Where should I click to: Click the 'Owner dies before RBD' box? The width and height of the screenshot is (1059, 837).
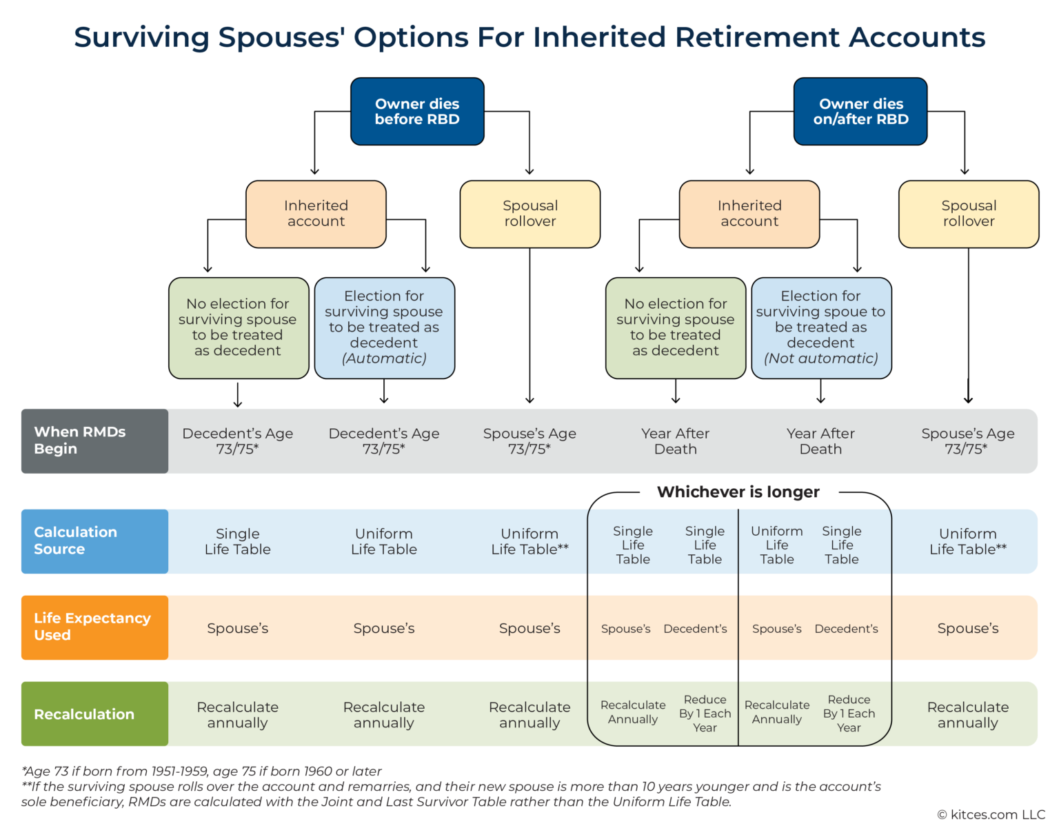[x=417, y=111]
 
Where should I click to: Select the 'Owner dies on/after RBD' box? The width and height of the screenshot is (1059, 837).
[x=860, y=111]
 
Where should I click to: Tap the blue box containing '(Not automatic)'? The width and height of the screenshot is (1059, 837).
[x=820, y=327]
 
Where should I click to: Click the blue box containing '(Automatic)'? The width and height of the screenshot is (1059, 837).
[x=384, y=327]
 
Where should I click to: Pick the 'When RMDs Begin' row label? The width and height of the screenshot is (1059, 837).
[x=94, y=441]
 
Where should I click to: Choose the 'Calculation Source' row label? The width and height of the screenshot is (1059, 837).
[x=94, y=541]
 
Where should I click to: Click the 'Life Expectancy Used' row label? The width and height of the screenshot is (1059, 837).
[x=94, y=627]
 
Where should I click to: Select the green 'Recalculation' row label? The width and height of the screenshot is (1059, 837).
[x=94, y=714]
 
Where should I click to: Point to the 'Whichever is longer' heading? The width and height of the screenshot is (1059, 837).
[x=738, y=492]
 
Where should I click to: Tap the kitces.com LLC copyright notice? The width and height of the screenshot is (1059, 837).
[x=991, y=815]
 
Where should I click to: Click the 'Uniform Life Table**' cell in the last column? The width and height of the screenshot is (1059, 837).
[x=967, y=541]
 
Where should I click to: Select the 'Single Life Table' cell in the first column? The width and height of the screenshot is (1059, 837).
[x=237, y=541]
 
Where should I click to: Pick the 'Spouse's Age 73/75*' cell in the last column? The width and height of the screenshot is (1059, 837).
[x=967, y=441]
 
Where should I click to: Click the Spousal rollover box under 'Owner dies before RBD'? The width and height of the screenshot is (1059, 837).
[x=529, y=214]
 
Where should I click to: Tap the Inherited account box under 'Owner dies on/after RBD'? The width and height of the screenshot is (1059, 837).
[x=749, y=214]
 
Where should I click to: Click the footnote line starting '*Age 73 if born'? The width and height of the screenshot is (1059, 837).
[x=201, y=771]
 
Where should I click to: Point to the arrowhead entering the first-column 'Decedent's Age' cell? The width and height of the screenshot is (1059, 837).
[x=237, y=405]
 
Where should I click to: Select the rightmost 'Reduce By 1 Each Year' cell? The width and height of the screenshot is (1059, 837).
[x=849, y=714]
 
